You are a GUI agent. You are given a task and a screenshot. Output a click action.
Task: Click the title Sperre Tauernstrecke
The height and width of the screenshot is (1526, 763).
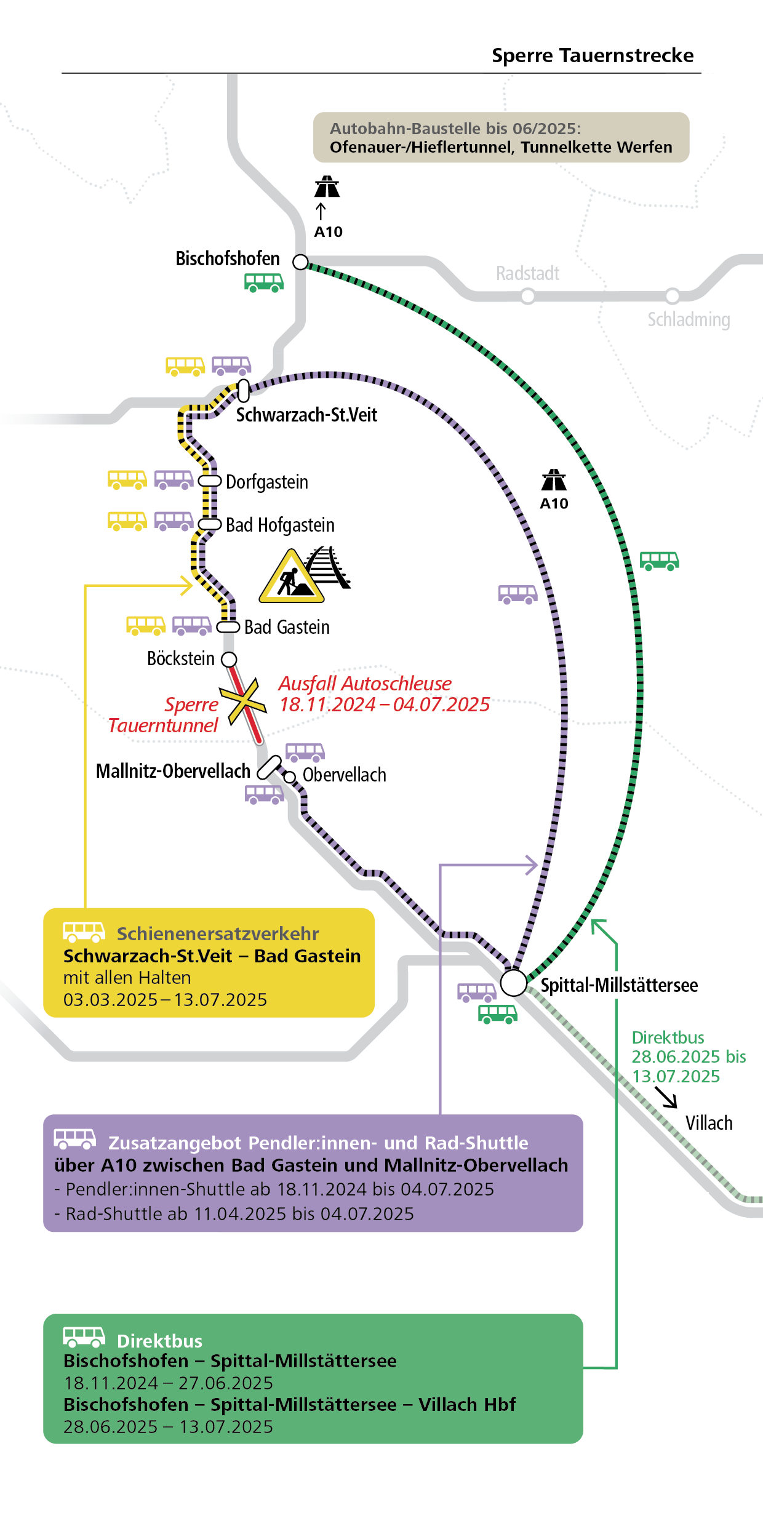pyautogui.click(x=592, y=55)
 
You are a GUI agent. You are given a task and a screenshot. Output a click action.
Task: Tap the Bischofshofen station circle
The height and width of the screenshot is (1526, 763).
pyautogui.click(x=300, y=262)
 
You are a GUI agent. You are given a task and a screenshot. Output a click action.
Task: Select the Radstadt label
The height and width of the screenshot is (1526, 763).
pyautogui.click(x=527, y=273)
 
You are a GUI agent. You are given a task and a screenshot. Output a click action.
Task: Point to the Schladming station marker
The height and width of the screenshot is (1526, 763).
pyautogui.click(x=673, y=296)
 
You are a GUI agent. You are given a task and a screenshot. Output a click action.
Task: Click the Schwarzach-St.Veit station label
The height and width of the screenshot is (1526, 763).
pyautogui.click(x=306, y=415)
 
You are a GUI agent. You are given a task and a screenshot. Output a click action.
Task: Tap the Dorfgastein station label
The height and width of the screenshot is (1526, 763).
pyautogui.click(x=266, y=482)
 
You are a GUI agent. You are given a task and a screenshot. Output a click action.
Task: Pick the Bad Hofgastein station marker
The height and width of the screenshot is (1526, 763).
pyautogui.click(x=209, y=524)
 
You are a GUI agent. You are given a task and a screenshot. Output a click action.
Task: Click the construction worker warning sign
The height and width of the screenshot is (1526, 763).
pyautogui.click(x=291, y=577)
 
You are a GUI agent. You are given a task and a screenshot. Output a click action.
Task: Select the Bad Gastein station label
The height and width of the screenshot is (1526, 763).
pyautogui.click(x=287, y=627)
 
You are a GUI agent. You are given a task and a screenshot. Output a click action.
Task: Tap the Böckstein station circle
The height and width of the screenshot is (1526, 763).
pyautogui.click(x=229, y=660)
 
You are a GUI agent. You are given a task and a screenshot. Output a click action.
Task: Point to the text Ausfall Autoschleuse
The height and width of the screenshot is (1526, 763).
pyautogui.click(x=365, y=684)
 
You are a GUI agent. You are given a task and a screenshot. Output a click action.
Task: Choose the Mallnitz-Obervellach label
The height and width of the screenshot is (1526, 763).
pyautogui.click(x=173, y=771)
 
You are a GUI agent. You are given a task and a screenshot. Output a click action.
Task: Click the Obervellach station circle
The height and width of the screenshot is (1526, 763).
pyautogui.click(x=290, y=777)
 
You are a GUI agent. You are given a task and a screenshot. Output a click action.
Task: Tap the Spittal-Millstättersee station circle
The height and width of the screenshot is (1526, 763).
pyautogui.click(x=513, y=983)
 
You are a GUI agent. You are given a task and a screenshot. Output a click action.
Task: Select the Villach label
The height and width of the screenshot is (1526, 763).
pyautogui.click(x=709, y=1123)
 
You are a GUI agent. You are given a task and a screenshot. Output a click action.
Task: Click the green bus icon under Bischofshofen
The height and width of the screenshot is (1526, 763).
pyautogui.click(x=264, y=282)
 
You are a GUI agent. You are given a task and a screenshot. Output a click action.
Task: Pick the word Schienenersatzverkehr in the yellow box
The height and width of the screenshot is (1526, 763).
pyautogui.click(x=218, y=933)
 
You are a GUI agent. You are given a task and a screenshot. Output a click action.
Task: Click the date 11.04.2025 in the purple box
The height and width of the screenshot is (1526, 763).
pyautogui.click(x=240, y=1214)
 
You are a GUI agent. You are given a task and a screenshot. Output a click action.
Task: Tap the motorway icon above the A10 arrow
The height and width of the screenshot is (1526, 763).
pyautogui.click(x=327, y=186)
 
